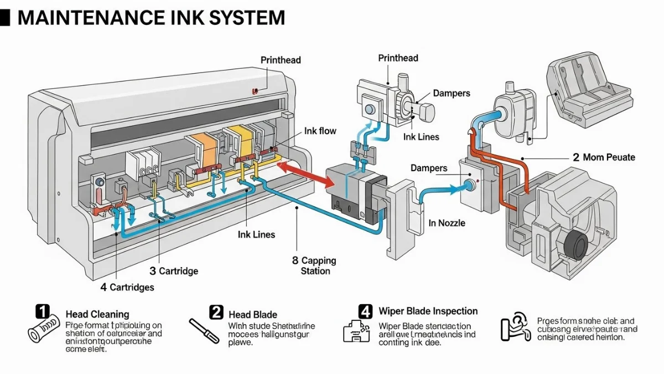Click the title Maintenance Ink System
click(x=151, y=18)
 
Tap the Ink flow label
click(x=320, y=131)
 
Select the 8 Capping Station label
click(x=314, y=265)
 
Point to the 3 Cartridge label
click(x=174, y=271)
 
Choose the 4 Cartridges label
click(x=127, y=287)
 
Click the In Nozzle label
click(x=447, y=223)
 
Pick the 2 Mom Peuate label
click(x=604, y=157)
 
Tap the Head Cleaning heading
click(x=97, y=314)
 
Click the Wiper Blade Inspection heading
click(x=428, y=311)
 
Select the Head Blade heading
click(x=253, y=314)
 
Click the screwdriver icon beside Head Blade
click(x=204, y=331)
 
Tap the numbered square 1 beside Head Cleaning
click(x=43, y=311)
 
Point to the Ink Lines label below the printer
click(x=256, y=234)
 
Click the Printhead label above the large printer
click(x=281, y=60)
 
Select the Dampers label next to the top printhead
click(x=452, y=94)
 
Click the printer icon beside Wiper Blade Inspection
click(x=356, y=331)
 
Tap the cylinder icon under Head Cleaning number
click(x=44, y=332)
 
